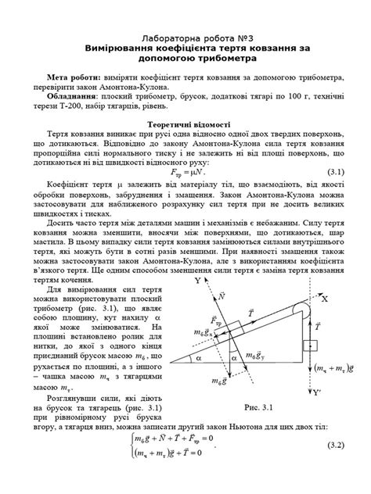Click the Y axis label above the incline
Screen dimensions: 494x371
pyautogui.click(x=199, y=278)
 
